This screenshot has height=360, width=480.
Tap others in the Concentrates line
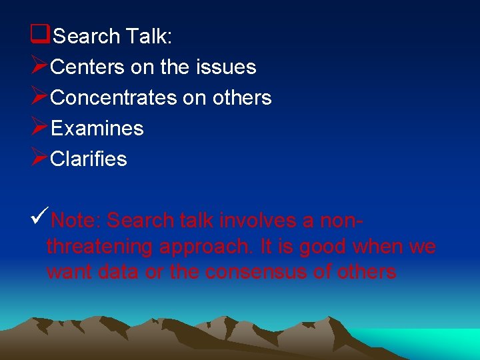click(x=242, y=97)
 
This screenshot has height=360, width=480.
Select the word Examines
click(x=97, y=128)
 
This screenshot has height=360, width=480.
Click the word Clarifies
click(x=89, y=159)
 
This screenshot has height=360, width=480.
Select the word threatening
click(x=100, y=247)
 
